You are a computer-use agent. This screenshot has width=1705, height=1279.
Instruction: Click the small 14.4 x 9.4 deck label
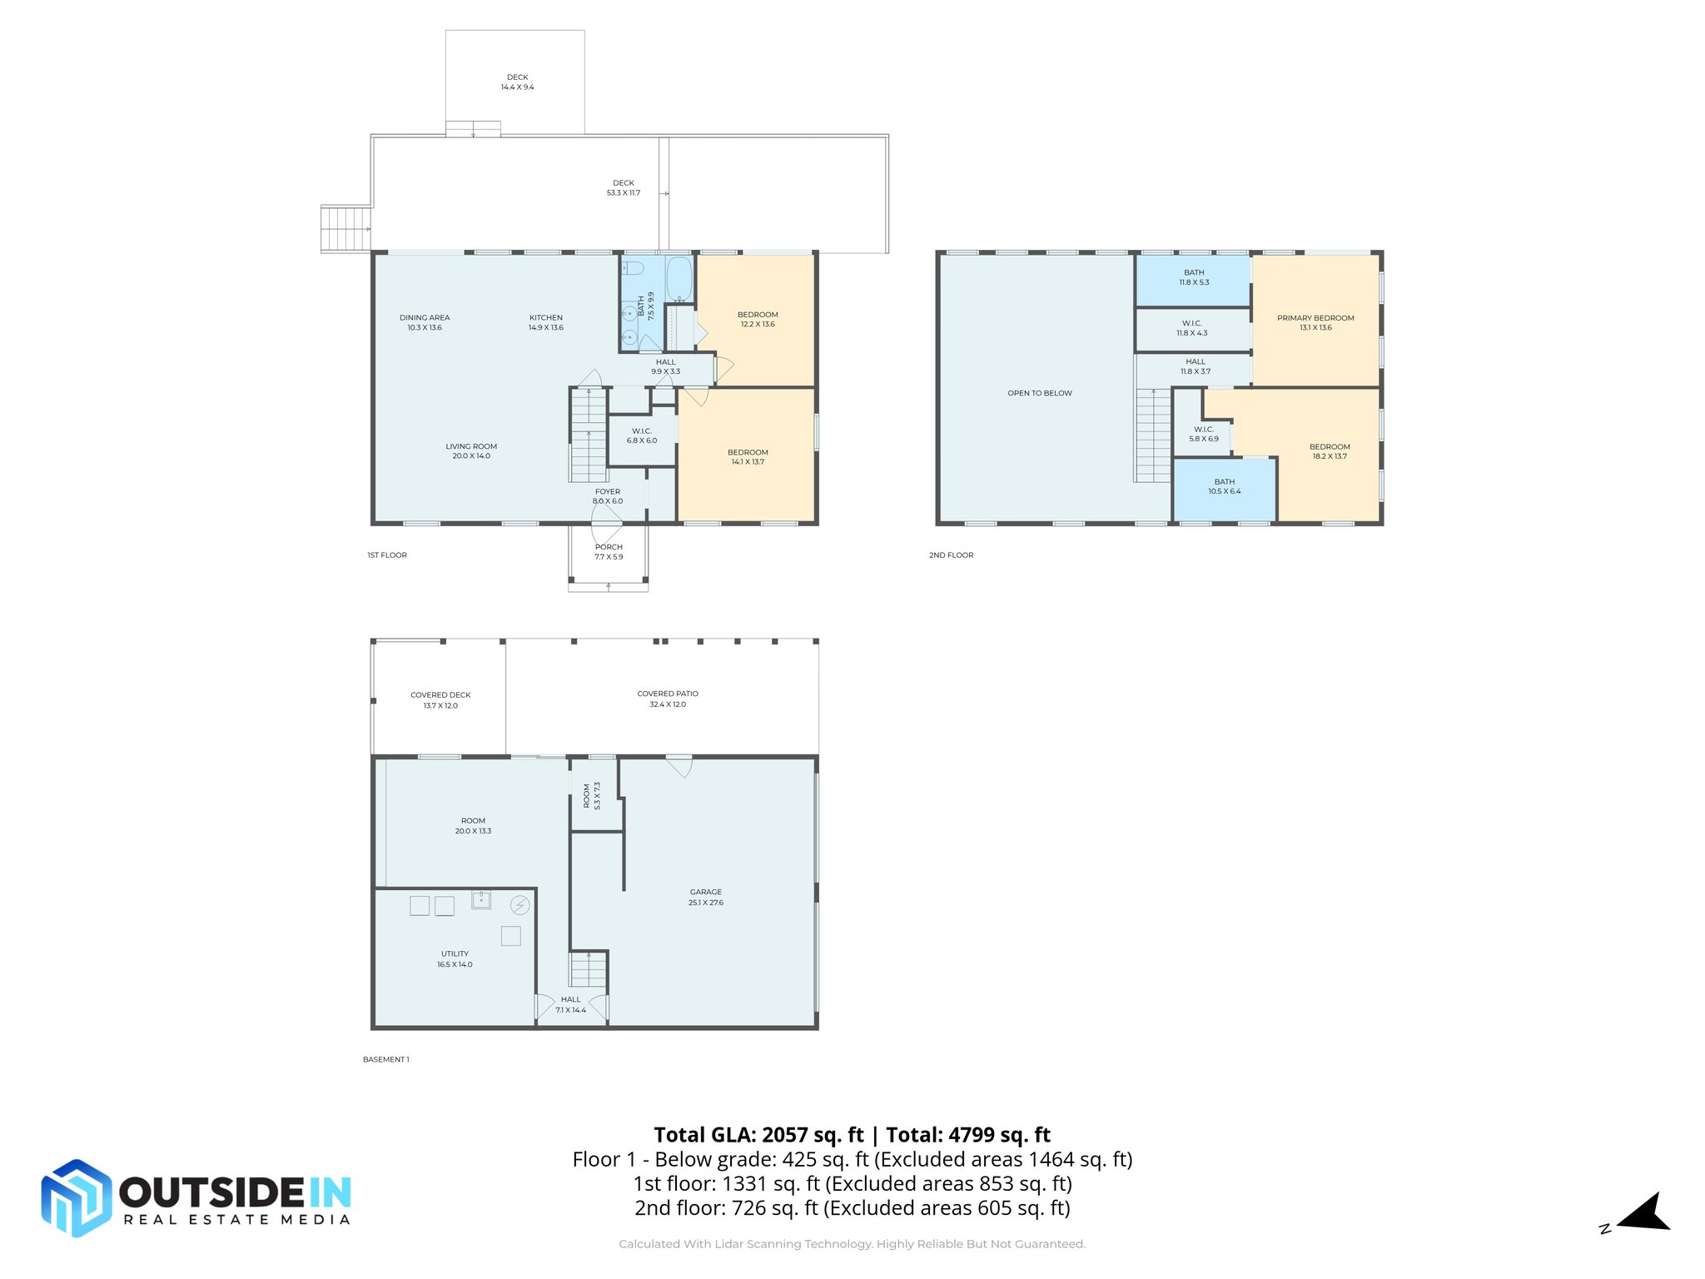click(517, 82)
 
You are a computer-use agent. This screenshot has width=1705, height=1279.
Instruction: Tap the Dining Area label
click(425, 322)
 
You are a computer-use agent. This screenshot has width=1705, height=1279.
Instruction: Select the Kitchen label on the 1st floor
click(546, 322)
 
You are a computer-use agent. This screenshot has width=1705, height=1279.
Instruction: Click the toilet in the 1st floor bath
click(634, 268)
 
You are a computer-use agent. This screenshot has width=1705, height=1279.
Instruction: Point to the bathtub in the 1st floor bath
click(679, 278)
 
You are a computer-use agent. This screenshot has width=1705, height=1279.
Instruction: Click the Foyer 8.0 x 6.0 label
click(608, 496)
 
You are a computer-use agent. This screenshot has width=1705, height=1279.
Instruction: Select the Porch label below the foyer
click(609, 551)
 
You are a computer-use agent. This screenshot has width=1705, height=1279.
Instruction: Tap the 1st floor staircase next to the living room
click(589, 435)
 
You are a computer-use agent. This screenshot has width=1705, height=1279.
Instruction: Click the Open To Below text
click(1040, 393)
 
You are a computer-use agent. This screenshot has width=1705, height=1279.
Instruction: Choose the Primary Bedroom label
click(1315, 322)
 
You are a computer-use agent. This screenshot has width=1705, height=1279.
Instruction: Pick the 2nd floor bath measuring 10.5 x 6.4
click(1224, 487)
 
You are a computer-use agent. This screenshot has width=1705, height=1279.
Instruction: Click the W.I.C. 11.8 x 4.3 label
click(1191, 328)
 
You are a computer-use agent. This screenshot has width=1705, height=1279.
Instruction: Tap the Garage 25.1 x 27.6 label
click(705, 897)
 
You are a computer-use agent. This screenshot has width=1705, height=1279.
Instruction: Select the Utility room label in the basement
click(455, 958)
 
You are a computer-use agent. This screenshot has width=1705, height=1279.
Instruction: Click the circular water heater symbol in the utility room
click(519, 904)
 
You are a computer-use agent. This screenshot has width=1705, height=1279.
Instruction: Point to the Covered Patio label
click(668, 699)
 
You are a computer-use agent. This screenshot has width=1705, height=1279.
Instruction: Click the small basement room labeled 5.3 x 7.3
click(592, 795)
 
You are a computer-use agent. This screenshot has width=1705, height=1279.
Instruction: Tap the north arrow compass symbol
click(1644, 1213)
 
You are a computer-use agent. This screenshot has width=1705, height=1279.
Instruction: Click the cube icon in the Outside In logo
click(77, 1197)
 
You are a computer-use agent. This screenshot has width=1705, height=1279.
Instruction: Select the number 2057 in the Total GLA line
click(784, 1135)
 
